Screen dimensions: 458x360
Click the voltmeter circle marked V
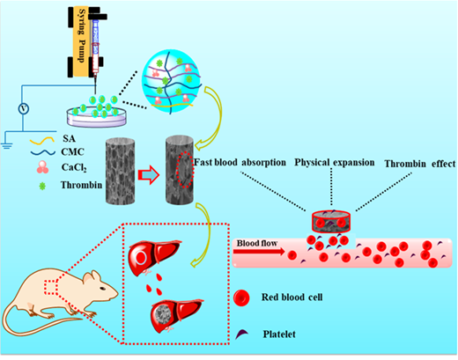click(24, 109)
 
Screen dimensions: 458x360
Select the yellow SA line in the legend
click(42, 141)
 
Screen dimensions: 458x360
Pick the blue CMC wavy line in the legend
click(43, 152)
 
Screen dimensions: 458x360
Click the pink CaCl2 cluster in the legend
click(43, 167)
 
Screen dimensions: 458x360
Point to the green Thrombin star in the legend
click(42, 186)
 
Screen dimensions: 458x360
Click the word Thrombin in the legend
click(81, 185)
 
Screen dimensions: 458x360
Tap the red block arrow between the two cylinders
click(149, 175)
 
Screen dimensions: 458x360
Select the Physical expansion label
click(335, 163)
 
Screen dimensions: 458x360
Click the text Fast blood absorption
click(240, 162)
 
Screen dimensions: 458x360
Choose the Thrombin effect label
click(420, 164)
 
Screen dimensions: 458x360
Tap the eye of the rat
click(102, 288)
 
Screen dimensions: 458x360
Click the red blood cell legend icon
click(241, 298)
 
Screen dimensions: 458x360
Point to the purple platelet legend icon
click(242, 334)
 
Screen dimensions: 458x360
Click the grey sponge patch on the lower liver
click(163, 314)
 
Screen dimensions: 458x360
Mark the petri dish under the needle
click(97, 116)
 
